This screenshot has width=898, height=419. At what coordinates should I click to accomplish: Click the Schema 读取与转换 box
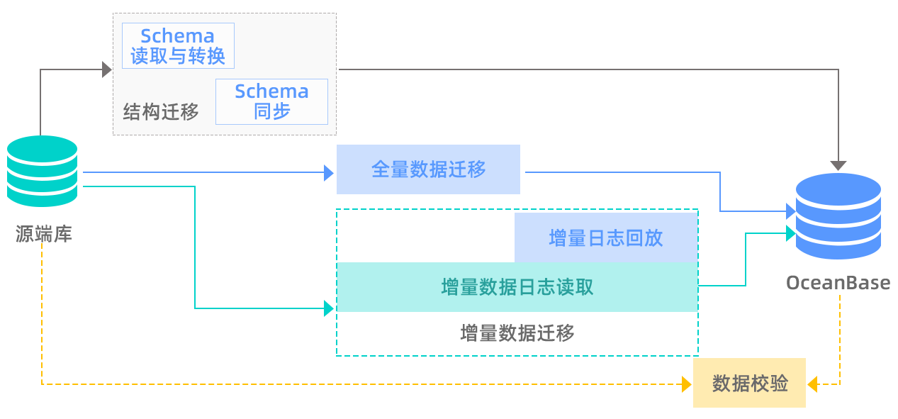178,46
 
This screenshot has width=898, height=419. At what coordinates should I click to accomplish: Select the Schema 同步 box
271,101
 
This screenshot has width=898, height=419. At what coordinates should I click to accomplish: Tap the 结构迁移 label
161,112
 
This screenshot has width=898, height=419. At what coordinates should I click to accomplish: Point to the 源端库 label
43,233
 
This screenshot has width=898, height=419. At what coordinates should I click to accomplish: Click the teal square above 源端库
41,172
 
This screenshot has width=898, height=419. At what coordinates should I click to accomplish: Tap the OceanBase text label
838,282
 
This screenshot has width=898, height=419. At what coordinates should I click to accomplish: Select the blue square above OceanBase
838,216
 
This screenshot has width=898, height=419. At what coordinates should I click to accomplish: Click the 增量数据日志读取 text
517,287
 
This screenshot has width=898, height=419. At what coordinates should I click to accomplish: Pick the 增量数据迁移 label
517,333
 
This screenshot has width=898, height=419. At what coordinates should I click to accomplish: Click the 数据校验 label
750,384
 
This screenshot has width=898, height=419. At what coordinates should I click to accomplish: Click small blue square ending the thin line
328,172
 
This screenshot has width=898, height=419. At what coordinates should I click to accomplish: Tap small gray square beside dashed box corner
107,68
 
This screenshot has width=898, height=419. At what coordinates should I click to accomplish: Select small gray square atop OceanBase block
838,166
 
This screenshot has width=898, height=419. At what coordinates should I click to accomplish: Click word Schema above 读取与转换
177,36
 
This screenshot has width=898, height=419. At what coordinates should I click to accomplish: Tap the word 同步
271,111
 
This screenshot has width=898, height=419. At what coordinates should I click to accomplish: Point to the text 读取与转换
178,56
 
